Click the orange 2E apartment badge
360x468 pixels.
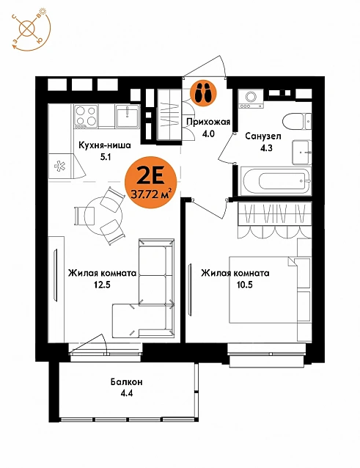click(x=152, y=183)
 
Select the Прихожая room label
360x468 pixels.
click(x=208, y=122)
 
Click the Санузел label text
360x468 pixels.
click(x=263, y=136)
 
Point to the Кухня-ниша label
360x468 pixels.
click(x=105, y=145)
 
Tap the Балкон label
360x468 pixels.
click(x=126, y=381)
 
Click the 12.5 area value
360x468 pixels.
click(x=103, y=285)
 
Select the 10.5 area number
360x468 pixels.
click(x=245, y=285)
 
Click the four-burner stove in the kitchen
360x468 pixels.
click(x=86, y=116)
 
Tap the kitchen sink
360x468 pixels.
click(x=128, y=116)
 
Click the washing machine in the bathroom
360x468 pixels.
click(x=251, y=99)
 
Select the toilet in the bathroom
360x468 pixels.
click(x=297, y=122)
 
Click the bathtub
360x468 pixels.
click(x=276, y=181)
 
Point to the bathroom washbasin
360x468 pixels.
click(x=302, y=153)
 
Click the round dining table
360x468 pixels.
click(x=103, y=215)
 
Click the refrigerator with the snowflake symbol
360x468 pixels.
click(x=64, y=166)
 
